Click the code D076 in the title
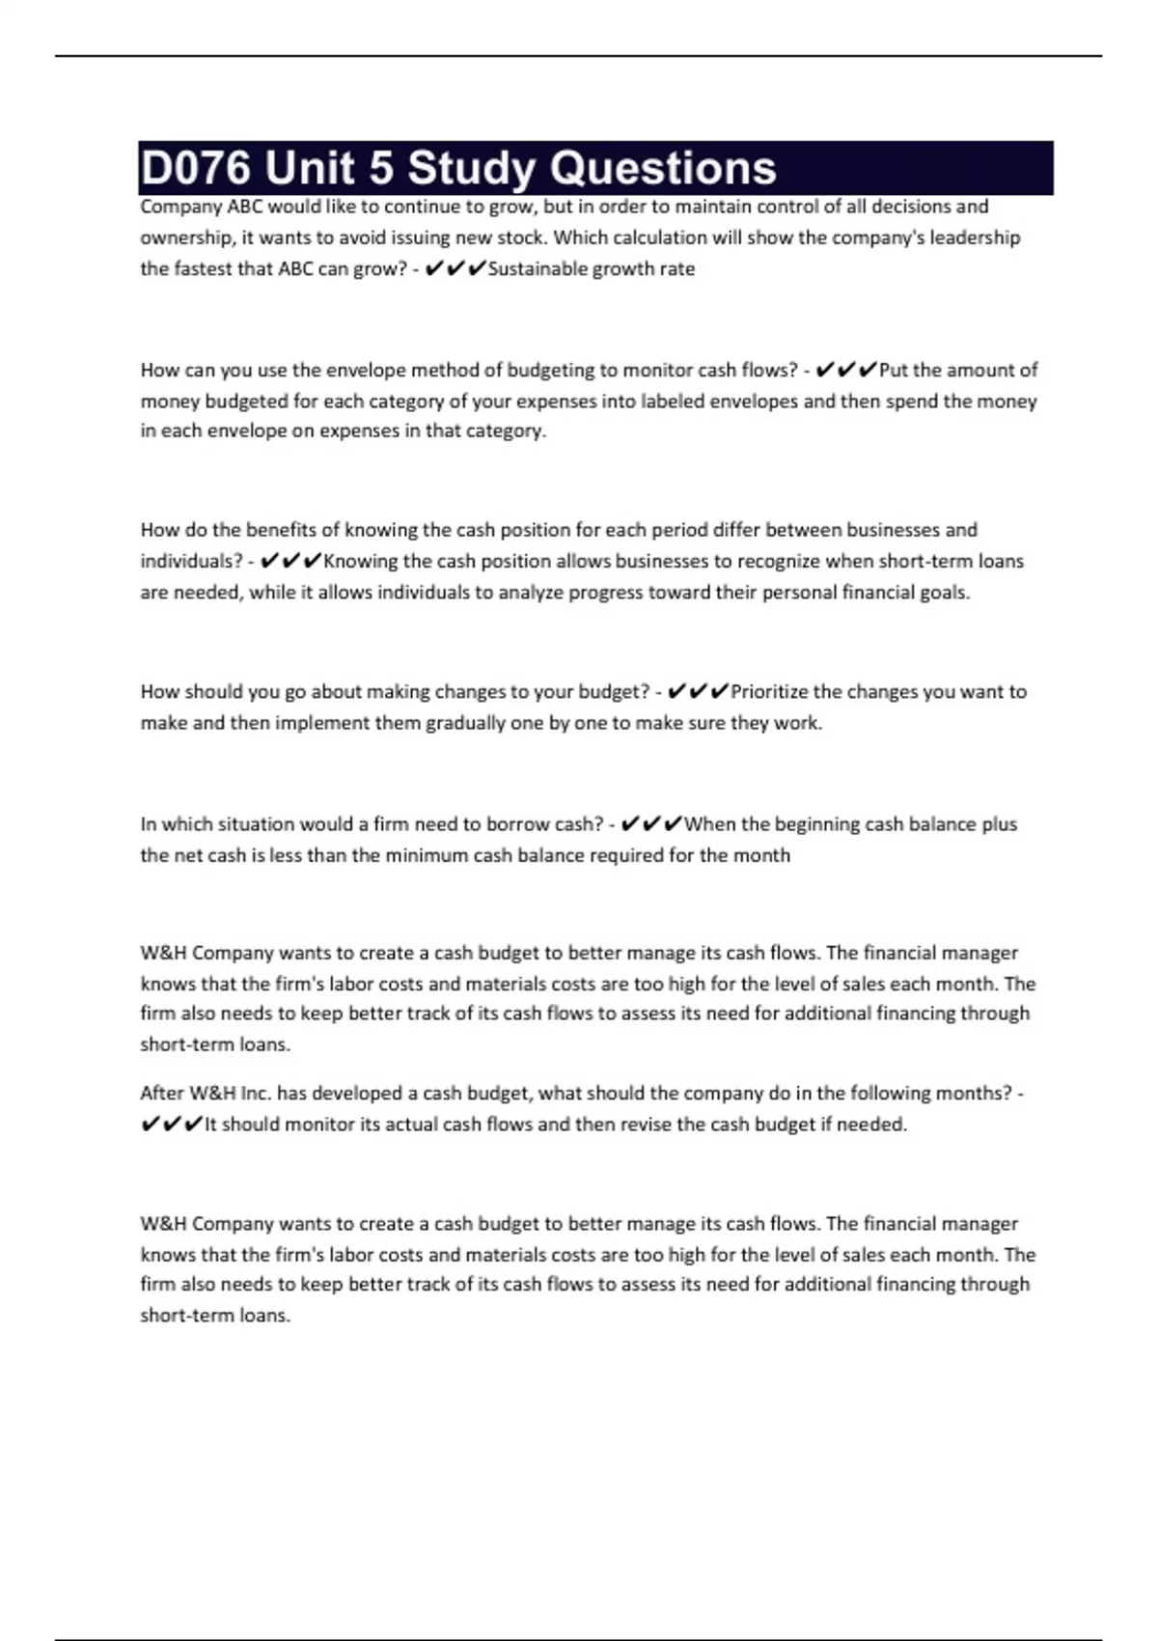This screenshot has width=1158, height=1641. point(196,168)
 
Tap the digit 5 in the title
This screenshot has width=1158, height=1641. point(380,168)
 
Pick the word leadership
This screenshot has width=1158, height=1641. point(975,237)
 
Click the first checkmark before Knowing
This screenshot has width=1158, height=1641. point(270,561)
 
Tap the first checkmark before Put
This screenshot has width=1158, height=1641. point(824,370)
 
